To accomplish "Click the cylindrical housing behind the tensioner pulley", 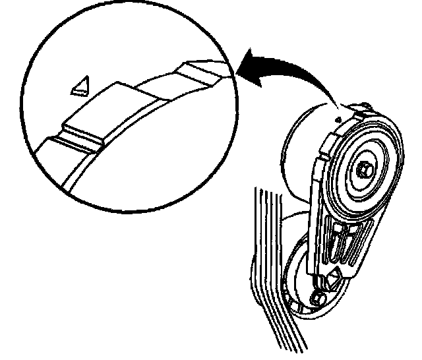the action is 303,152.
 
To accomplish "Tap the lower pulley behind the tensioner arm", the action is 297,277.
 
